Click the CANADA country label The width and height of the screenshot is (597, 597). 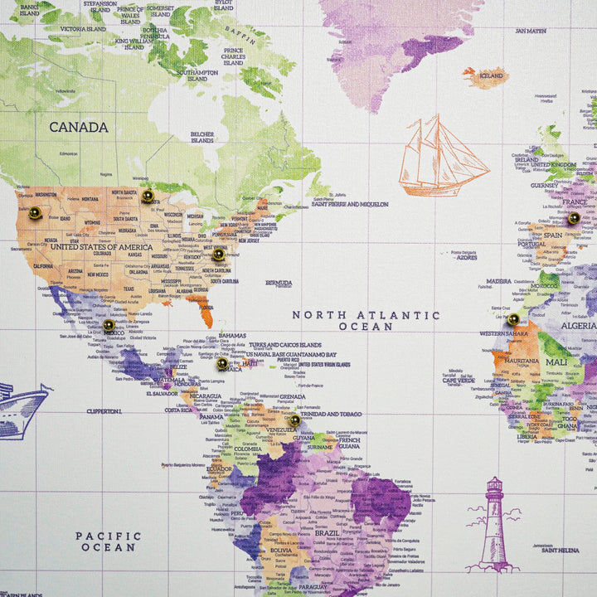(79, 127)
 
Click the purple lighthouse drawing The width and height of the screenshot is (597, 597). (494, 527)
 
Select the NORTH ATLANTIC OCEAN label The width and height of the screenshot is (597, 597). (366, 321)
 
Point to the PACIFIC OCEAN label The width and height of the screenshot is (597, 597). (109, 541)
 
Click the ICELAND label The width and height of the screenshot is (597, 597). (491, 75)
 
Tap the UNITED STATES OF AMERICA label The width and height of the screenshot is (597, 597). (101, 246)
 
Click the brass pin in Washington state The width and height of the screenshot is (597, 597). (35, 213)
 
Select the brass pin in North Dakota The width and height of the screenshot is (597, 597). (148, 197)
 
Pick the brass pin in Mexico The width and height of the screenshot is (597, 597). (109, 326)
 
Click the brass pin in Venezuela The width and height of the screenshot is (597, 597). (294, 420)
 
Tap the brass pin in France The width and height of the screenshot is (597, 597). (574, 218)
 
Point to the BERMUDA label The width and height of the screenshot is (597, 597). (279, 283)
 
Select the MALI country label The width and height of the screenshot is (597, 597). (556, 362)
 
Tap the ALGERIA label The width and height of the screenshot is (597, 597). (578, 326)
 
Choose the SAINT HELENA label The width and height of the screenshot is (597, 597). (560, 550)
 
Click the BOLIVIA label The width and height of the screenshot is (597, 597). (281, 550)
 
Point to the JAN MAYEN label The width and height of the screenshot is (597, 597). (531, 31)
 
